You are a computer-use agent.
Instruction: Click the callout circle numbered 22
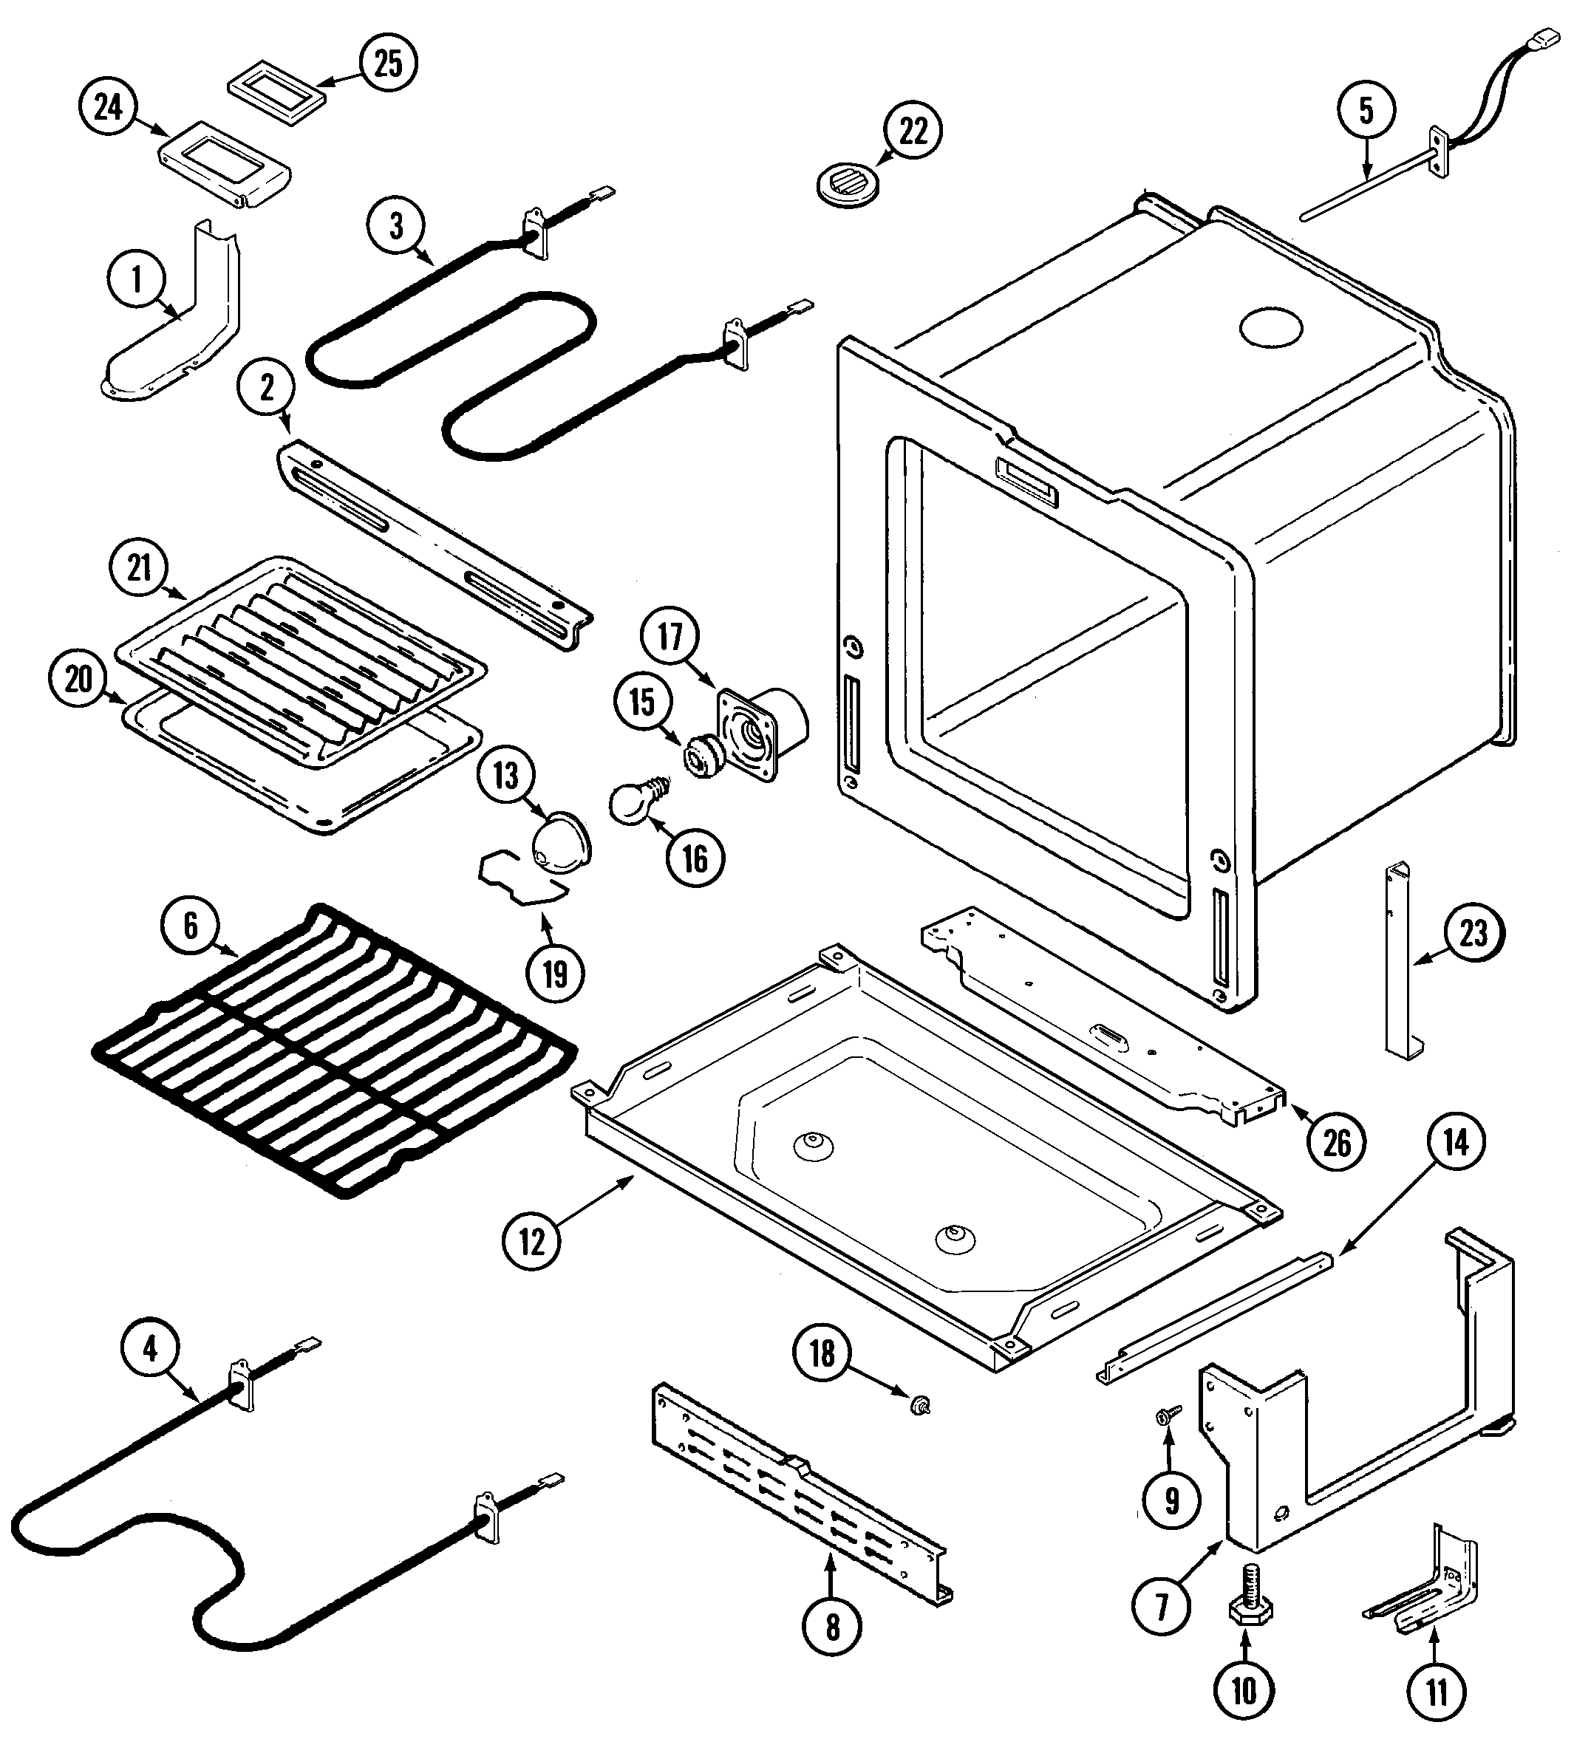point(913,131)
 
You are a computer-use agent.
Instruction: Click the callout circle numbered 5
point(1366,111)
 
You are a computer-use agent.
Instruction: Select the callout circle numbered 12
point(532,1241)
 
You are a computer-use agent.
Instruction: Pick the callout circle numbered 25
point(389,63)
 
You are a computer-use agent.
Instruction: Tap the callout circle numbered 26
point(1337,1143)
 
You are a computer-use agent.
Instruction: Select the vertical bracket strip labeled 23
point(1397,963)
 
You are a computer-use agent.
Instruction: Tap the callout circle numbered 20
point(78,678)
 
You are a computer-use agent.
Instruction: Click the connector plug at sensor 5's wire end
point(1547,40)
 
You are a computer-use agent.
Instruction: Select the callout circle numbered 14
point(1456,1142)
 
